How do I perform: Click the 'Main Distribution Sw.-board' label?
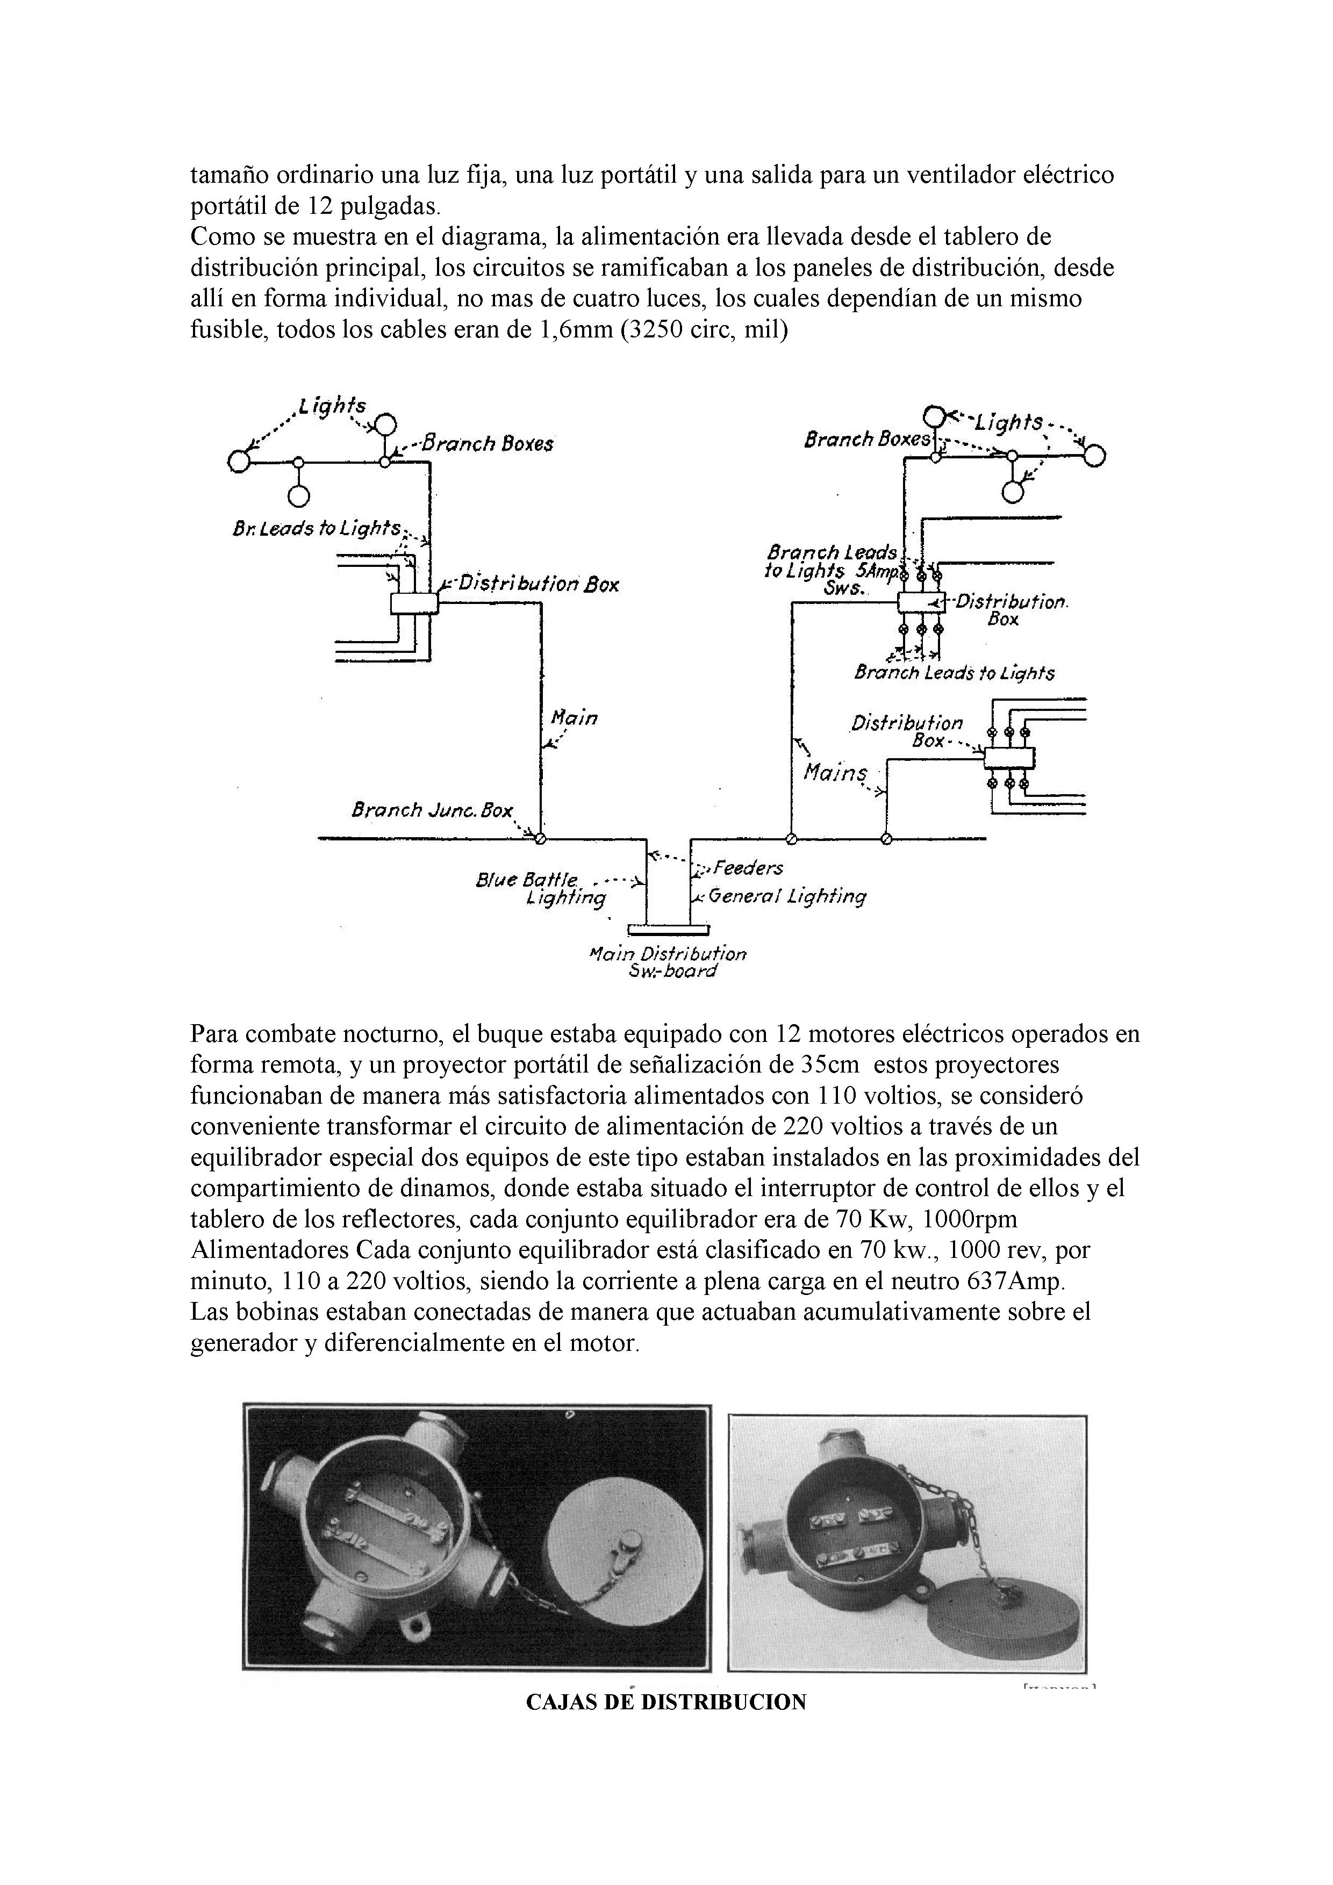(x=668, y=962)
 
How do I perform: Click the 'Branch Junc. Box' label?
(x=431, y=810)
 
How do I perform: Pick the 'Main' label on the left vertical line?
(x=574, y=718)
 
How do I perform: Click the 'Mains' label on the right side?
(x=834, y=773)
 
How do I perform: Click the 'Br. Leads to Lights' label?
(x=317, y=529)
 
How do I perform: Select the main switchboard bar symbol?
(x=668, y=930)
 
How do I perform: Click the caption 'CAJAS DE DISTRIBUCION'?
(x=665, y=1702)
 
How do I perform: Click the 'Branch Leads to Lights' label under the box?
(x=954, y=674)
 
